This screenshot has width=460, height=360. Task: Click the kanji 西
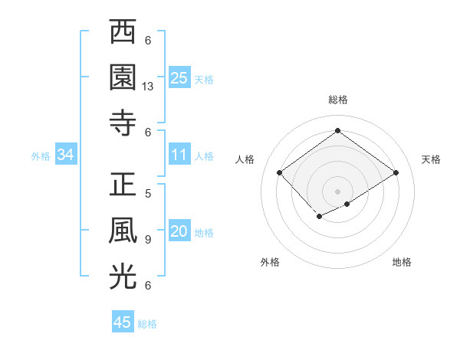(x=123, y=34)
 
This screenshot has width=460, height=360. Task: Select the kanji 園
(x=123, y=77)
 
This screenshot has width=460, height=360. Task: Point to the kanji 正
(x=123, y=187)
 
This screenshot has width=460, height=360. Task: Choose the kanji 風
(x=123, y=232)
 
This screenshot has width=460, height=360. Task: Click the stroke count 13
(x=148, y=87)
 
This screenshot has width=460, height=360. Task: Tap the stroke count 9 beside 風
(x=148, y=240)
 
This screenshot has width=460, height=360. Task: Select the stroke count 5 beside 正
(x=148, y=195)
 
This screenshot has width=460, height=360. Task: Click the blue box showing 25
(x=179, y=77)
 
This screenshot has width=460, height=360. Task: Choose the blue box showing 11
(x=179, y=155)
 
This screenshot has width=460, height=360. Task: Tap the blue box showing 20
(x=179, y=232)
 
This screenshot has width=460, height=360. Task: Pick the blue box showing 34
(x=66, y=155)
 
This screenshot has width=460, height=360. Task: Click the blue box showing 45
(x=123, y=322)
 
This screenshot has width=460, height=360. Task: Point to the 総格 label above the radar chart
(x=338, y=100)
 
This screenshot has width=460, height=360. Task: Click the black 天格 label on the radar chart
(x=431, y=159)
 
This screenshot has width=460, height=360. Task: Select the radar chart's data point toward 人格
(x=280, y=173)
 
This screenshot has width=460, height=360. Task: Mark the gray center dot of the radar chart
(x=338, y=190)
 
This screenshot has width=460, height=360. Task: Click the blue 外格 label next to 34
(x=41, y=156)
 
